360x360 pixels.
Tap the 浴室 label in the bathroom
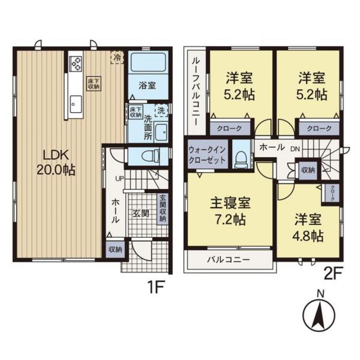(x=147, y=85)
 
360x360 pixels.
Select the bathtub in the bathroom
(x=148, y=62)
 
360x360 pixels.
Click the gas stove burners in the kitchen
(x=75, y=63)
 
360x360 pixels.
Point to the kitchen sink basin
(x=76, y=104)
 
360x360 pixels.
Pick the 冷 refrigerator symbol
(x=117, y=57)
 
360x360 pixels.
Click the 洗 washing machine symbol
(x=161, y=110)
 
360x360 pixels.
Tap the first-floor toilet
(x=151, y=156)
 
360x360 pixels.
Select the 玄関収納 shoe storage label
(x=163, y=208)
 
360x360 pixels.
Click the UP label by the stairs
(x=120, y=179)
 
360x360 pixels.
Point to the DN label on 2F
(x=295, y=149)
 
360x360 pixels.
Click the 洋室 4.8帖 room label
(x=308, y=228)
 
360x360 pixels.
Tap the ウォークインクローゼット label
(x=207, y=155)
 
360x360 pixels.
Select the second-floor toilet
(x=241, y=159)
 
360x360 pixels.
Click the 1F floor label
(x=156, y=287)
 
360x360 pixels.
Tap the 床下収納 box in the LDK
(x=94, y=84)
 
